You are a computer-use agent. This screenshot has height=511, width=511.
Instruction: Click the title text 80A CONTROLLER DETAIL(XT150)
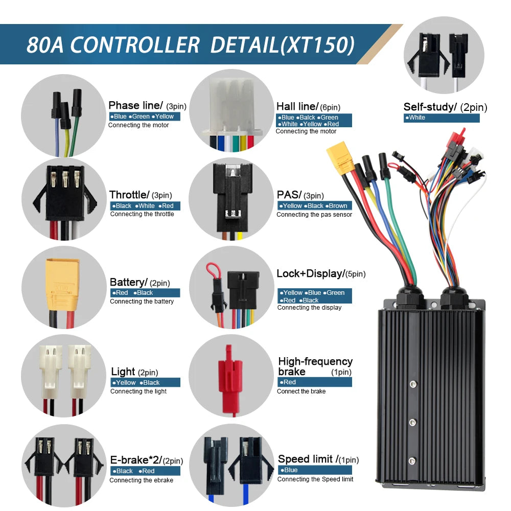click(190, 44)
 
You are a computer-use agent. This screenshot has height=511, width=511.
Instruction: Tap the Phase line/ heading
click(135, 105)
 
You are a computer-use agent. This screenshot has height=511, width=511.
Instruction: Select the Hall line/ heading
click(297, 106)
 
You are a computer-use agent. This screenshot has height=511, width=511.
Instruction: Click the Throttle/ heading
click(129, 195)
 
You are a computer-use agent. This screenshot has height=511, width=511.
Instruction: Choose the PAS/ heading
click(289, 195)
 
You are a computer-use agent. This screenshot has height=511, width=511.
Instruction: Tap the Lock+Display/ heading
click(311, 273)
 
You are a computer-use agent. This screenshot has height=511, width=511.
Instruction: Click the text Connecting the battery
click(142, 301)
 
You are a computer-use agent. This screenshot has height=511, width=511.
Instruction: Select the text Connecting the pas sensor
click(314, 215)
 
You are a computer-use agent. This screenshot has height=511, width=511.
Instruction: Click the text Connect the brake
click(301, 391)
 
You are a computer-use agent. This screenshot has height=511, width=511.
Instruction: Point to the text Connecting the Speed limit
click(315, 479)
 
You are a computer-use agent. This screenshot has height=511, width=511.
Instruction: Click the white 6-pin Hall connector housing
click(232, 107)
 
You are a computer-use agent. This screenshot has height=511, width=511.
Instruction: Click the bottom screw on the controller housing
click(412, 461)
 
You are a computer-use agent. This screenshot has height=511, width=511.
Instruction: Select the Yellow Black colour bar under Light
click(145, 382)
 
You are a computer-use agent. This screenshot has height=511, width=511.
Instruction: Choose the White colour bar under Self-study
click(442, 118)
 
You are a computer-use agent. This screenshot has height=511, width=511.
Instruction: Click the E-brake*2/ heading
click(136, 460)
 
